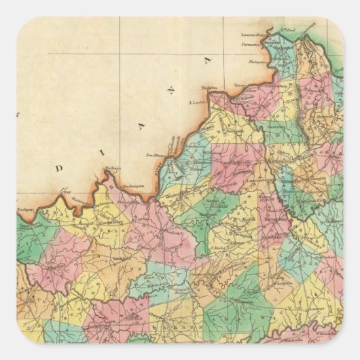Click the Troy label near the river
[x=66, y=192]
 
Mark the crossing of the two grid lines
[x=120, y=53]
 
